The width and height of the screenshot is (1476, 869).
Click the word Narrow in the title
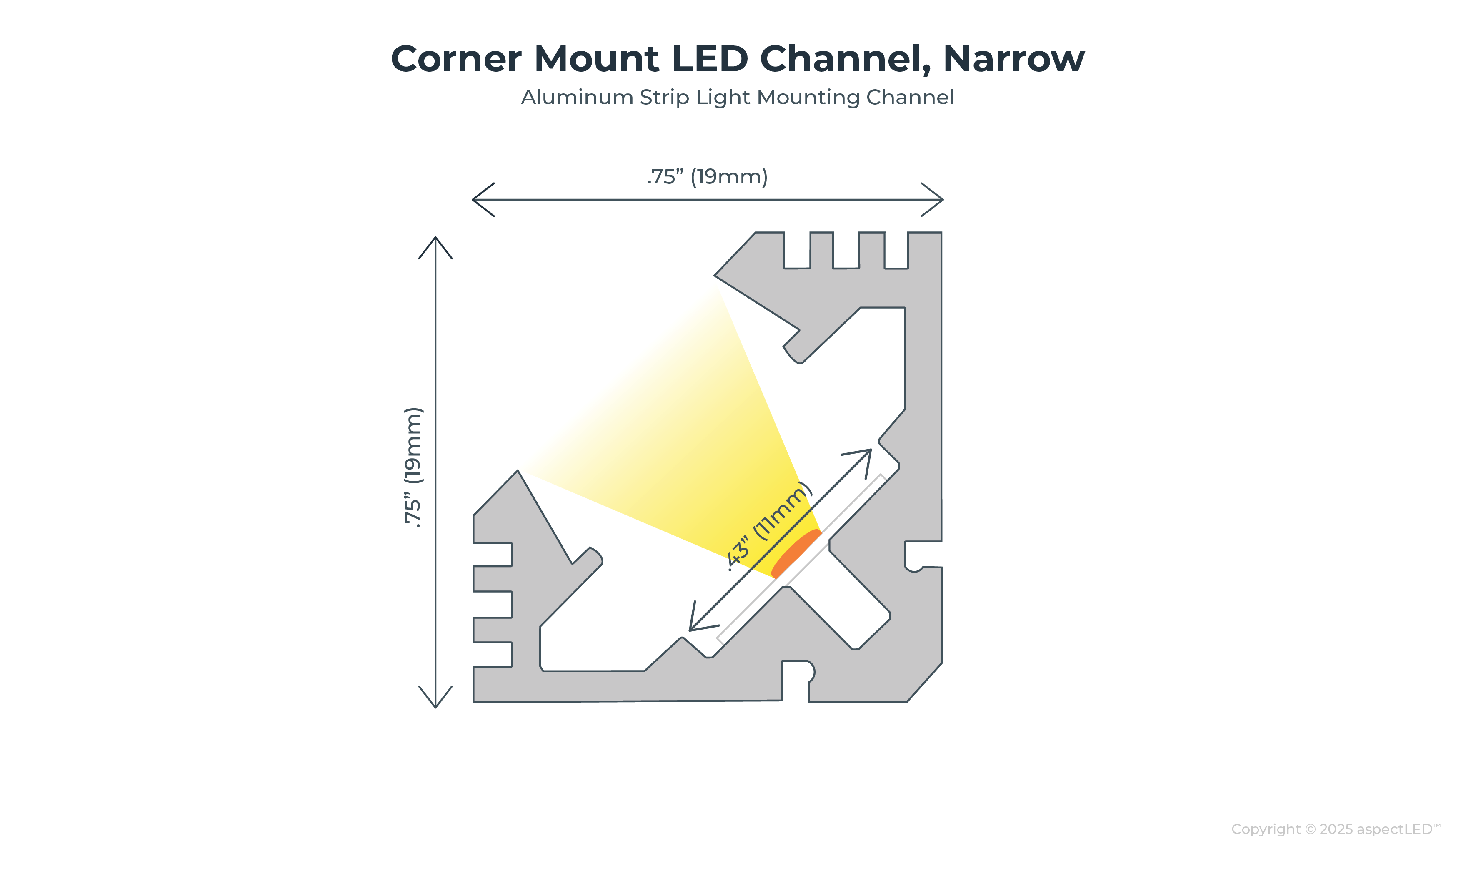(x=1013, y=59)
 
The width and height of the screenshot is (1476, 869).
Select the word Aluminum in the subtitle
(x=577, y=97)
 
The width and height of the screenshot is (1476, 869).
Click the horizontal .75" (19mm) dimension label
(x=708, y=176)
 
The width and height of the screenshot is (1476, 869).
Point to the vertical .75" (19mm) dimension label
(x=413, y=467)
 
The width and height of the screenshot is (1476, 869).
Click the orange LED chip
(x=796, y=553)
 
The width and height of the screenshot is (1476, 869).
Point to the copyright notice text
(x=1336, y=829)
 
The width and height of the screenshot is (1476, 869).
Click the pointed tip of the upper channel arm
(x=716, y=275)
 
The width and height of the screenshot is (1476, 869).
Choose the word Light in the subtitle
(x=723, y=97)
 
